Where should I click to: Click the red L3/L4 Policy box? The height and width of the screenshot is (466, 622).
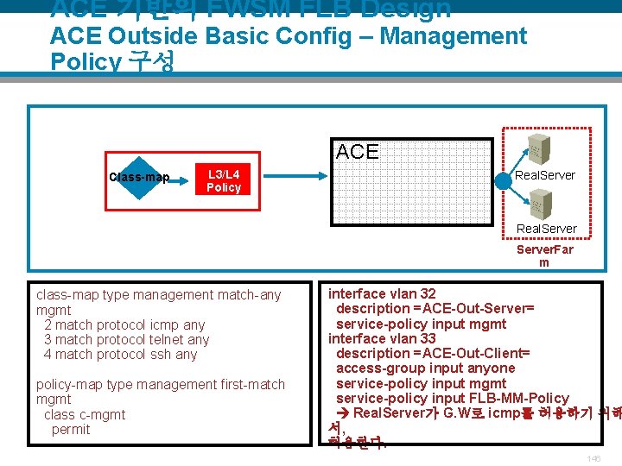point(224,180)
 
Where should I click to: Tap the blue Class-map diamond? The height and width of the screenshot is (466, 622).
point(139,179)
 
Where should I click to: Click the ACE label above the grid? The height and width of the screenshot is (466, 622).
point(357,152)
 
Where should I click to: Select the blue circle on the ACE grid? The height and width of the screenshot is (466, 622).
point(504,182)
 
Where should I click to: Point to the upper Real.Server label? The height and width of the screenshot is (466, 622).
point(544,175)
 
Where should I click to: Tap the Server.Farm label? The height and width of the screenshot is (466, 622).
point(544,255)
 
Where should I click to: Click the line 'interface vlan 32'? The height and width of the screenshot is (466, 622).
point(382,294)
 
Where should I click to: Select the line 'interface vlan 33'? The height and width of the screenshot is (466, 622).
point(382,338)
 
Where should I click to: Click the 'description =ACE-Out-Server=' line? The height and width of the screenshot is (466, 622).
point(435,309)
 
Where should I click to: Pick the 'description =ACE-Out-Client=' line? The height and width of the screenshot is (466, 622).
point(432,354)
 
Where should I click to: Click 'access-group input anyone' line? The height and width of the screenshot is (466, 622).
point(425,368)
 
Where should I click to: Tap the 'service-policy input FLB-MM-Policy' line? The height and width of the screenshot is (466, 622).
point(452,398)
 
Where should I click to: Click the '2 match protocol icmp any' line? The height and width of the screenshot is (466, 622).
point(124,324)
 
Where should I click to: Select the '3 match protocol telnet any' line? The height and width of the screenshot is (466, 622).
point(126,339)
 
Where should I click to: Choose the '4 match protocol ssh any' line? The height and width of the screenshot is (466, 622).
point(120,354)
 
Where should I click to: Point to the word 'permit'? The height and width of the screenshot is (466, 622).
point(70,429)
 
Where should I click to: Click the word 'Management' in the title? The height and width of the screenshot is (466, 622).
point(453,36)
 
